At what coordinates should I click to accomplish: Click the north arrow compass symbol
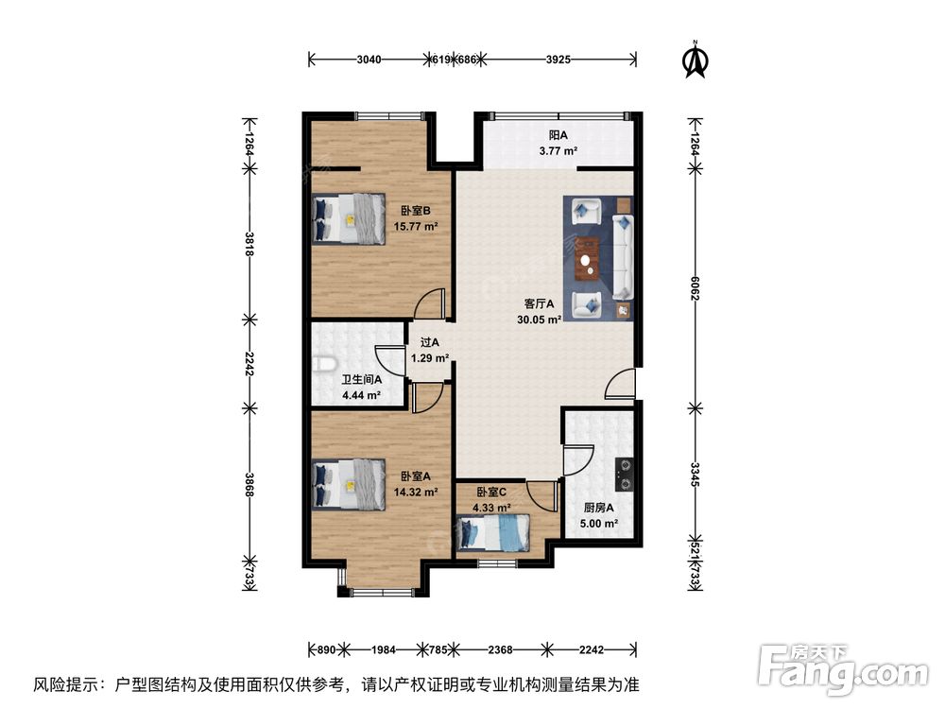click(696, 59)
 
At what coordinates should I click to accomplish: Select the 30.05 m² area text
click(540, 320)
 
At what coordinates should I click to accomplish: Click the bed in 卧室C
click(493, 532)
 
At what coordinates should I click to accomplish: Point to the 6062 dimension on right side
click(696, 288)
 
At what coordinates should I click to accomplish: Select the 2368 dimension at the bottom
click(501, 649)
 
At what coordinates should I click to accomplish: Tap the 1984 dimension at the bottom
click(384, 649)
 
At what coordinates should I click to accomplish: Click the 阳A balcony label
click(558, 135)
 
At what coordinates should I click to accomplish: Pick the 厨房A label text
click(599, 508)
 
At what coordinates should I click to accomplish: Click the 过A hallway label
click(429, 343)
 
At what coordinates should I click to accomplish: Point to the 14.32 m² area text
click(417, 492)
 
